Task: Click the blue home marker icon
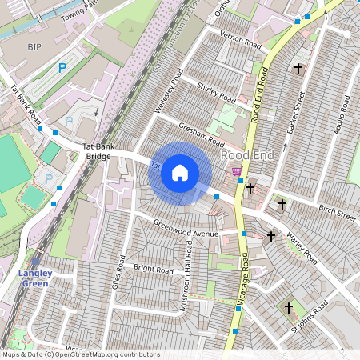pos(180,172)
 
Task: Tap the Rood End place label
pos(249,155)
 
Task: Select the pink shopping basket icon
pos(236,171)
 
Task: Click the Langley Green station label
pos(35,278)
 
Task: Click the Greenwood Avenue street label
pos(186,229)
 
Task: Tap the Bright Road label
pos(153,270)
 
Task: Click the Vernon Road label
pos(241,42)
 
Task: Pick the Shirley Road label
pos(217,93)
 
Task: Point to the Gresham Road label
pos(199,130)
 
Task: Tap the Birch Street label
pos(337,214)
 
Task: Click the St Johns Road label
pos(309,318)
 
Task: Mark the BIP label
pos(34,47)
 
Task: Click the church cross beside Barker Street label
pos(298,70)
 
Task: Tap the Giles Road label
pos(119,273)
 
